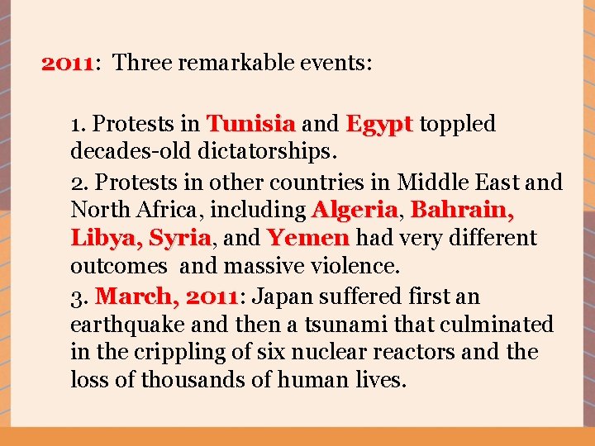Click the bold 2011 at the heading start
pyautogui.click(x=68, y=63)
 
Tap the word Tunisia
pyautogui.click(x=250, y=125)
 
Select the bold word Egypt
pyautogui.click(x=379, y=125)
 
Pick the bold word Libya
pyautogui.click(x=106, y=239)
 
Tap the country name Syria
pyautogui.click(x=180, y=239)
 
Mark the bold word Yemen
pyautogui.click(x=308, y=239)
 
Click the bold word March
pyautogui.click(x=135, y=296)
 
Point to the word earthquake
pyautogui.click(x=124, y=325)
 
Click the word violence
pyautogui.click(x=350, y=267)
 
